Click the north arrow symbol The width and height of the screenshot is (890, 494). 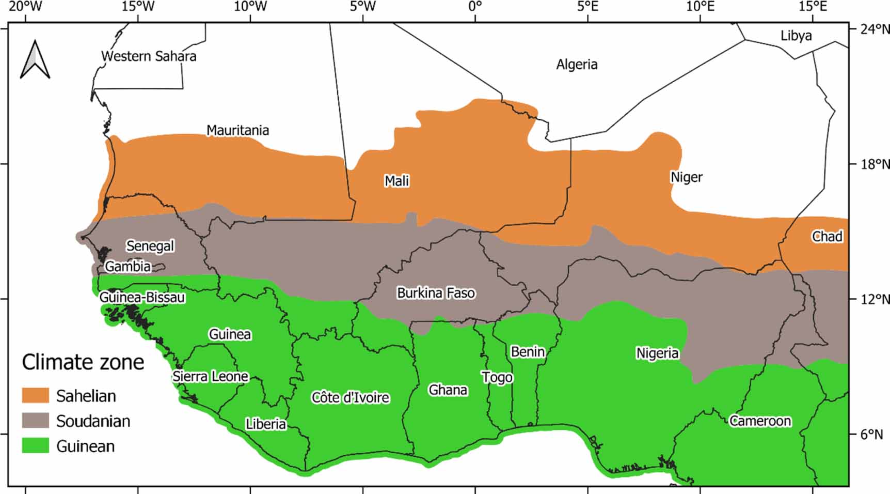(35, 59)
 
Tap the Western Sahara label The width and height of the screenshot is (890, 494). (149, 56)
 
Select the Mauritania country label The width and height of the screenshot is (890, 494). (237, 130)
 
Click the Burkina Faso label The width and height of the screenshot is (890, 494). (436, 293)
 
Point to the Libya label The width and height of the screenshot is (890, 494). (796, 36)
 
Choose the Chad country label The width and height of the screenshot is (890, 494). (827, 237)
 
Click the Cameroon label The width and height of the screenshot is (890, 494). (760, 421)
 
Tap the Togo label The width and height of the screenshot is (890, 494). (497, 377)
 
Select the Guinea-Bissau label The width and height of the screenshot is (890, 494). (142, 298)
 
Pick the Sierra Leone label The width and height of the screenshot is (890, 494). (210, 376)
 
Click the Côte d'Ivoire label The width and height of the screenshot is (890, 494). (350, 397)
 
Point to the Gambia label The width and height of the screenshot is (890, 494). (128, 266)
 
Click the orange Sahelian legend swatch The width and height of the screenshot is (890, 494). (35, 395)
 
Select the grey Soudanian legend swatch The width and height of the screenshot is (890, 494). (35, 421)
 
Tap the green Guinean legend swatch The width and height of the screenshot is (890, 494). (35, 445)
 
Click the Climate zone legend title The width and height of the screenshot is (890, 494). (83, 362)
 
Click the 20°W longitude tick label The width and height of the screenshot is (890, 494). (25, 7)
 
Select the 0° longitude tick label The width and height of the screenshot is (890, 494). (475, 7)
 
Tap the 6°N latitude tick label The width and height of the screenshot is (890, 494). (871, 435)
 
